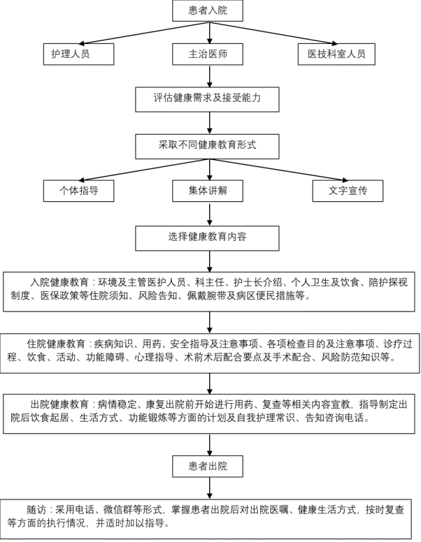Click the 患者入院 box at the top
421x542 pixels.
click(x=208, y=10)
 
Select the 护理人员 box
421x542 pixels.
click(x=78, y=54)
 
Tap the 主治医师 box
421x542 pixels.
click(x=208, y=54)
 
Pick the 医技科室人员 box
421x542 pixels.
click(x=331, y=54)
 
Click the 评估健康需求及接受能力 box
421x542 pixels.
click(x=208, y=98)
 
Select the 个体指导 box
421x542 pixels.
click(x=78, y=191)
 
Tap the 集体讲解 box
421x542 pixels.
click(x=208, y=191)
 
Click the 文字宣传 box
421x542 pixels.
click(x=348, y=191)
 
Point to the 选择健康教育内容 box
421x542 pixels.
click(x=208, y=237)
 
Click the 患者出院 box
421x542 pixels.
click(x=208, y=466)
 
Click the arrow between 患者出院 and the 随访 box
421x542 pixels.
click(x=209, y=488)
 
